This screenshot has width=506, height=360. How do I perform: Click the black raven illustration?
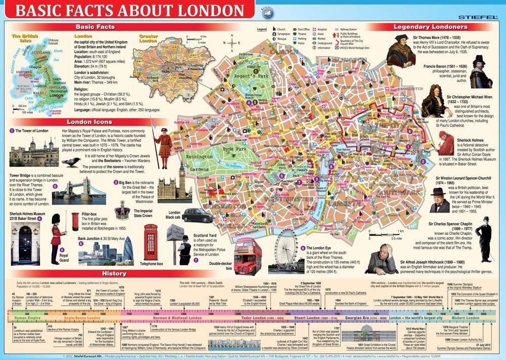pos(74,162)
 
